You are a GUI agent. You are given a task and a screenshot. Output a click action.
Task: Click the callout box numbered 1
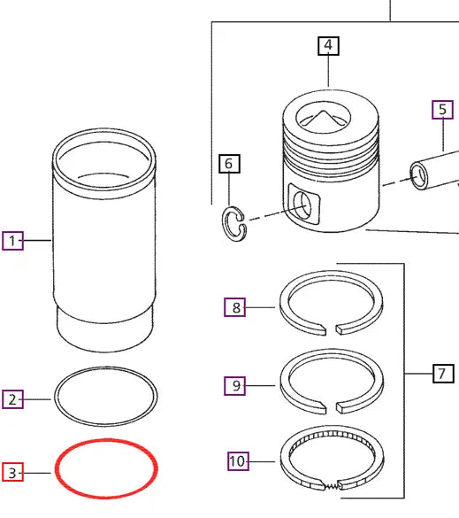pos(12,240)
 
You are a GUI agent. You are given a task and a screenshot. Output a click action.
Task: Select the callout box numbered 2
pos(12,400)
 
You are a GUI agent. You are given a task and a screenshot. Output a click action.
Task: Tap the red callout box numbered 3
pos(12,473)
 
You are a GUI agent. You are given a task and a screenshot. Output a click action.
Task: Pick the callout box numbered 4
pos(328,45)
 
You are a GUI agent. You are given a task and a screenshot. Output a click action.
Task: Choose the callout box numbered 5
pos(441,110)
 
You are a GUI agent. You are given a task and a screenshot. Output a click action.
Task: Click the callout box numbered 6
pos(228,163)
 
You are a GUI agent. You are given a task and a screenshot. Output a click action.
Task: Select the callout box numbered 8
pos(235,308)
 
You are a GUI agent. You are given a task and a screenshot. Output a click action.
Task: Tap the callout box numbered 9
pos(235,385)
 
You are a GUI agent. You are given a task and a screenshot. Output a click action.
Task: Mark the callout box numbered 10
pos(236,460)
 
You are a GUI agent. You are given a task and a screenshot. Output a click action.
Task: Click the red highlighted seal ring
pos(106,443)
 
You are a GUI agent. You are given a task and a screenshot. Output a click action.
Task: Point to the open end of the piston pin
pos(418,174)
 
